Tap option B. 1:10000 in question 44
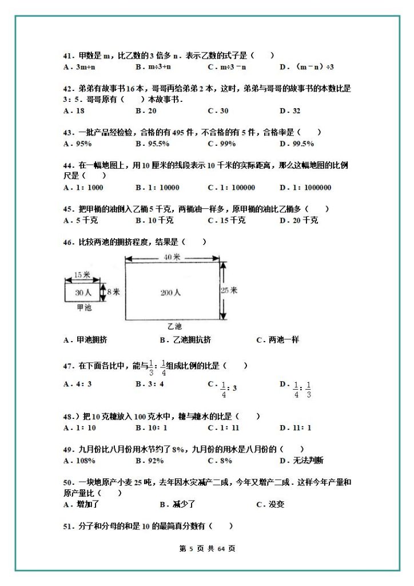click(157, 187)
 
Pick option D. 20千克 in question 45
click(298, 220)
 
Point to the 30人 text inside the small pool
click(83, 292)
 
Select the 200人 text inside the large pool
click(170, 292)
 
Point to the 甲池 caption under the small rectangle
click(83, 307)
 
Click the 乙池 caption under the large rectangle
click(174, 326)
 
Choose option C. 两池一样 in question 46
click(277, 340)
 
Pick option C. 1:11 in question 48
click(223, 427)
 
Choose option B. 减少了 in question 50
click(178, 504)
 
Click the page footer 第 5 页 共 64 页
click(207, 548)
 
